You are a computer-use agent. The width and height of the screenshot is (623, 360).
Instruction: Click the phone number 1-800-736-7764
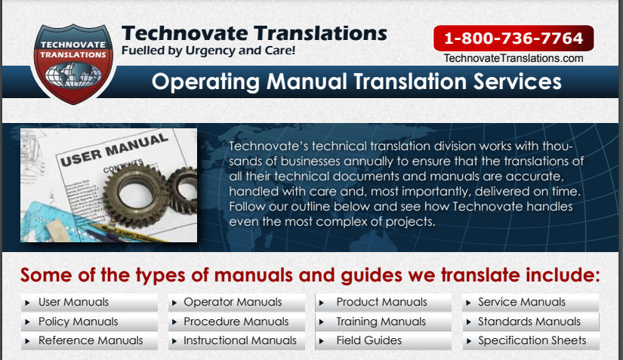pyautogui.click(x=514, y=38)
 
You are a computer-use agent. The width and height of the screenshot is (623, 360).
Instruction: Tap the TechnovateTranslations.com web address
pyautogui.click(x=514, y=58)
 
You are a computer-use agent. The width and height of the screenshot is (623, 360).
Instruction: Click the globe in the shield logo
pyautogui.click(x=73, y=75)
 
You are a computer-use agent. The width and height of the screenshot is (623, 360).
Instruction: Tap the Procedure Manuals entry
pyautogui.click(x=236, y=322)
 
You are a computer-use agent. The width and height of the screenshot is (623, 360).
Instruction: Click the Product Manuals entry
pyautogui.click(x=382, y=302)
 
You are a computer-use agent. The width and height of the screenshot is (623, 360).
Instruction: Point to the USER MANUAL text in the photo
pyautogui.click(x=114, y=149)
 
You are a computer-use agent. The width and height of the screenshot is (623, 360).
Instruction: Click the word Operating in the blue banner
pyautogui.click(x=205, y=82)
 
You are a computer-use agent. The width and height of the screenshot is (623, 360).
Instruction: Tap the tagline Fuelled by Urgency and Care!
pyautogui.click(x=208, y=51)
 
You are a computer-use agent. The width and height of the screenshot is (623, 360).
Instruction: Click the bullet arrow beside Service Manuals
pyautogui.click(x=468, y=303)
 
